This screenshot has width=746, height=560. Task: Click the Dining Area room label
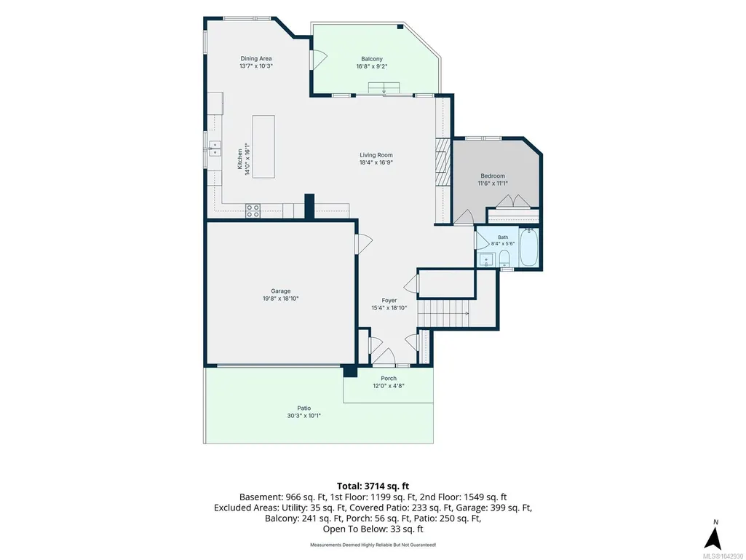256,58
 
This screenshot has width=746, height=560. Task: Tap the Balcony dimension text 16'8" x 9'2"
372,66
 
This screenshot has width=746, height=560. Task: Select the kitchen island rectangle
263,146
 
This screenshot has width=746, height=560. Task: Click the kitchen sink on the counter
215,149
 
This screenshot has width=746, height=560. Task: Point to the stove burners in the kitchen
253,211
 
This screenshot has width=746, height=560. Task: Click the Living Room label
376,155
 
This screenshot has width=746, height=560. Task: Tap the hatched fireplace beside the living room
443,162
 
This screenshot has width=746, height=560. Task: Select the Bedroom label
493,176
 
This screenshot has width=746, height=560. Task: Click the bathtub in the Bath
528,247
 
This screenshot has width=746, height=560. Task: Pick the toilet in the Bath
504,259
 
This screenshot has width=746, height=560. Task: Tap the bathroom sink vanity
486,260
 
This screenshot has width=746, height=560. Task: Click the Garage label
281,291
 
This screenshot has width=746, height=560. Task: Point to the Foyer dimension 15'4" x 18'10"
389,307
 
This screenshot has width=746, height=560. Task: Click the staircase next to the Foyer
444,313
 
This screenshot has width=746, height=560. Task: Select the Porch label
389,378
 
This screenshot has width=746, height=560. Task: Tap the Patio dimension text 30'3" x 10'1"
304,415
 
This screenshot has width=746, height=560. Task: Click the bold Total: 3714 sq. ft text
373,486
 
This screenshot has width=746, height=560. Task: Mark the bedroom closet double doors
513,201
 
